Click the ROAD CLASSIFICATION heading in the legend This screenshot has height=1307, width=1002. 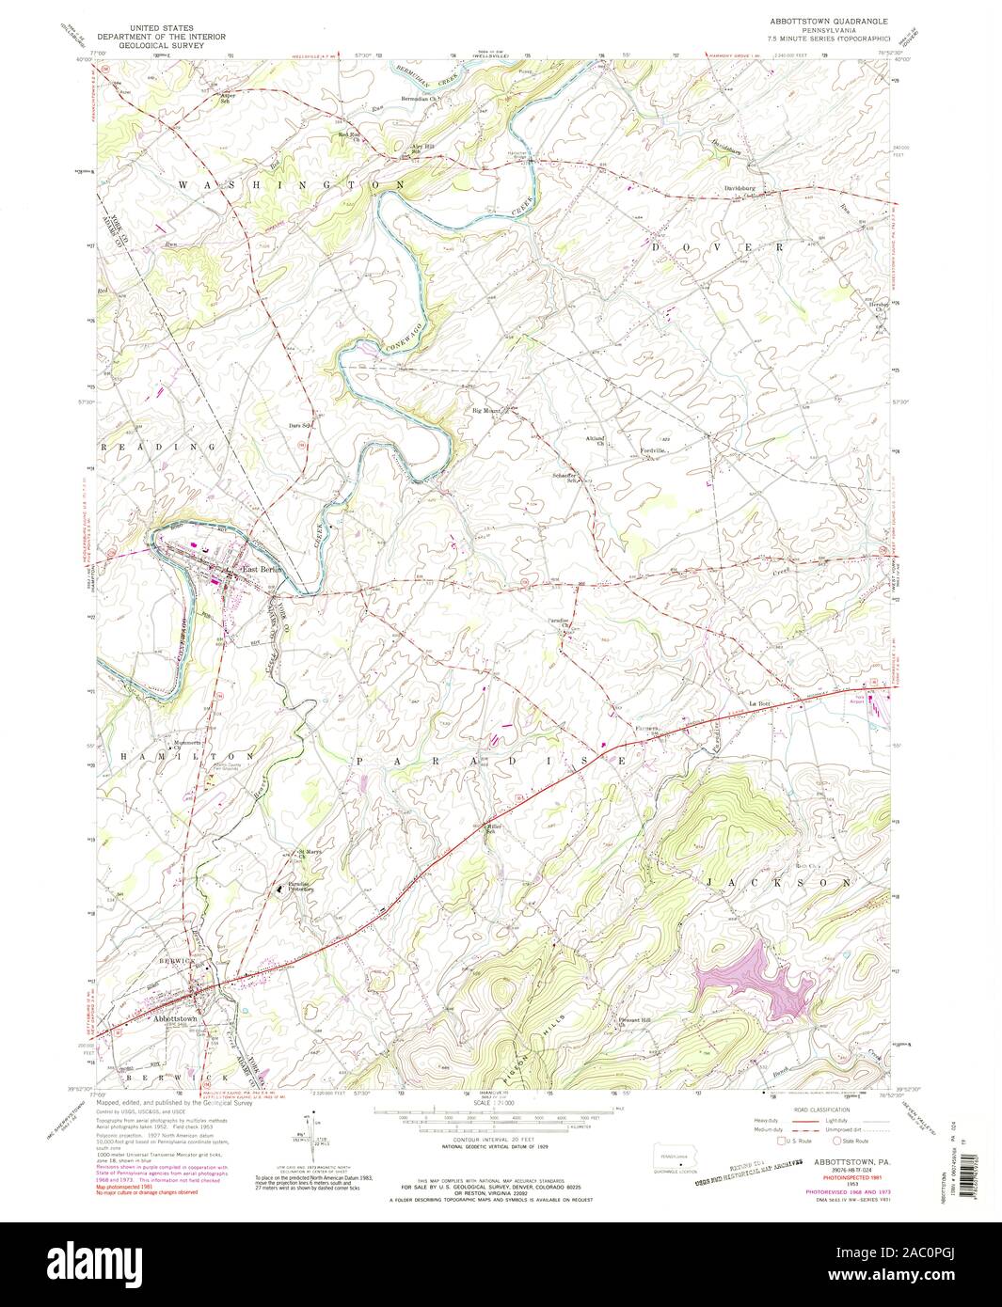click(818, 1110)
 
